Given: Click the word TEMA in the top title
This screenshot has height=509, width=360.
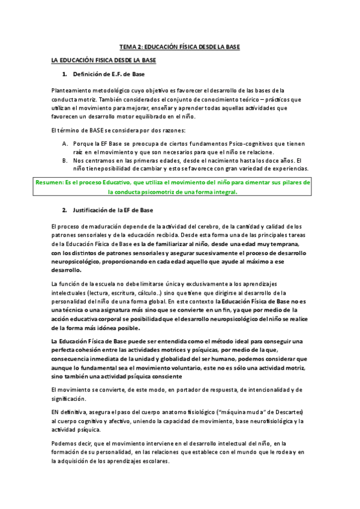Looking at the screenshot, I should tap(128, 46).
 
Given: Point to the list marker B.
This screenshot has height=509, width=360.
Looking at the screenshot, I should tap(65, 160).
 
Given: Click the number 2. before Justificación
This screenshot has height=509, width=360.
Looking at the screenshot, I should tap(64, 210).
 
